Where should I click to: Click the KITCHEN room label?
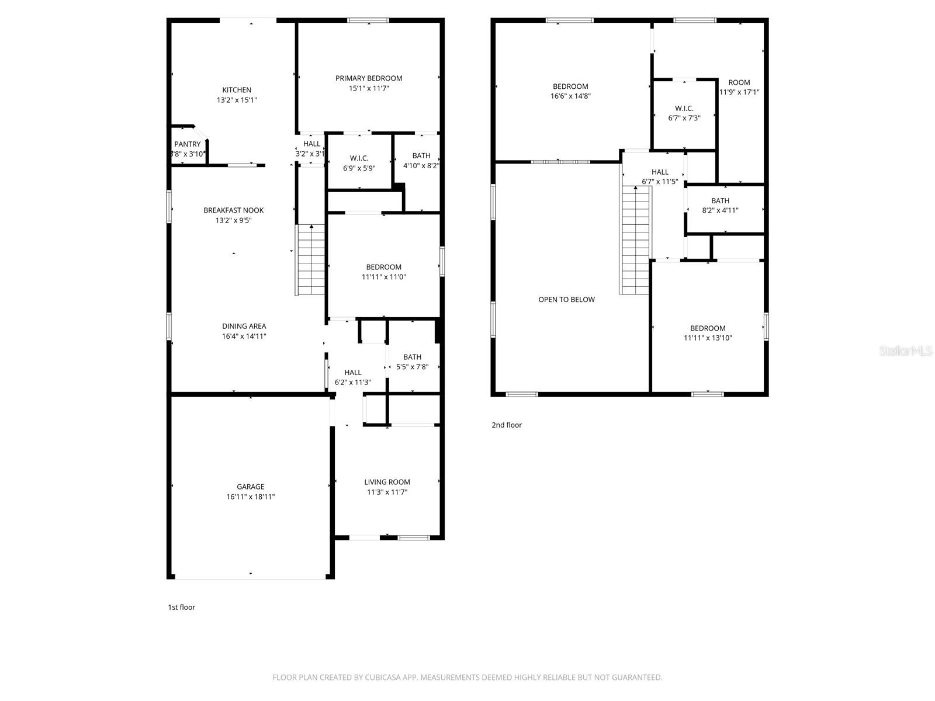(x=237, y=90)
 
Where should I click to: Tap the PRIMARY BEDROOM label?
(x=369, y=78)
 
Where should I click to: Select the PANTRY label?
(x=187, y=144)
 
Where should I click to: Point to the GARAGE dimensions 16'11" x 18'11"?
(x=251, y=497)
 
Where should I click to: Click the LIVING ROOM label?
(x=387, y=482)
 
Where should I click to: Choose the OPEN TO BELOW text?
(x=566, y=300)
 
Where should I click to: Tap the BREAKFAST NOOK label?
(x=234, y=210)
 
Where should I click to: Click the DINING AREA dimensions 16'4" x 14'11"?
(x=244, y=336)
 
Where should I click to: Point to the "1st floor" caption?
(x=182, y=608)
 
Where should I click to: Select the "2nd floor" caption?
(x=507, y=425)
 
